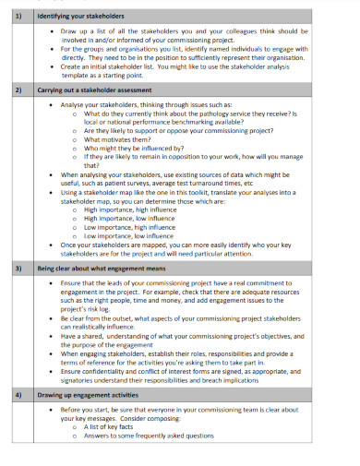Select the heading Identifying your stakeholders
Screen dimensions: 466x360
click(x=78, y=17)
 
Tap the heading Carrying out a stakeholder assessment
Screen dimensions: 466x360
click(x=96, y=91)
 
